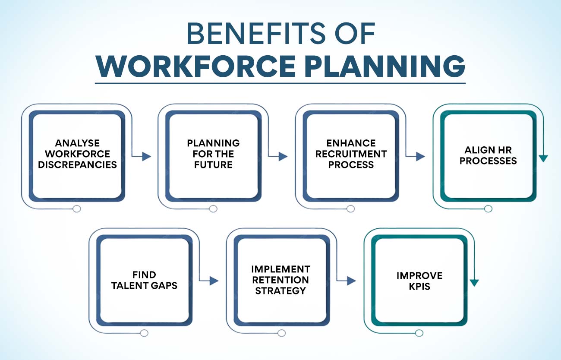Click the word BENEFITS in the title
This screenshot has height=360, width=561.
[256, 33]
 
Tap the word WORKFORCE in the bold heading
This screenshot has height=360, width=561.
[196, 66]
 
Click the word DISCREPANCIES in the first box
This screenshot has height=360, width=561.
[77, 164]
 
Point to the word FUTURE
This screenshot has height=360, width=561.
[213, 164]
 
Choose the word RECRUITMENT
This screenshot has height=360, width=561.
[351, 154]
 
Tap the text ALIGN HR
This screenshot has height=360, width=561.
[488, 150]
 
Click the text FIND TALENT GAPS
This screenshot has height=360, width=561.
[144, 280]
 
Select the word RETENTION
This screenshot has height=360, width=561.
[280, 280]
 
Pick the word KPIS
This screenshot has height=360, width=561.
[419, 286]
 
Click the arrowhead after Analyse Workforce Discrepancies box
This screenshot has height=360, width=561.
[147, 156]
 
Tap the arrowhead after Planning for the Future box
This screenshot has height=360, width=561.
[283, 156]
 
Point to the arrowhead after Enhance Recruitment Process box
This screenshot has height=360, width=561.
[420, 156]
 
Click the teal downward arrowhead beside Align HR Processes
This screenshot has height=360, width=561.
[543, 158]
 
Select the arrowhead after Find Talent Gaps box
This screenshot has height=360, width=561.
[214, 281]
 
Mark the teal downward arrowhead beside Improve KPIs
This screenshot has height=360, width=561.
[474, 283]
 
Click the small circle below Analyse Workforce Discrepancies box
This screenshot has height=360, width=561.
[77, 208]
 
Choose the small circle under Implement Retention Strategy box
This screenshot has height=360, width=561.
[281, 333]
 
